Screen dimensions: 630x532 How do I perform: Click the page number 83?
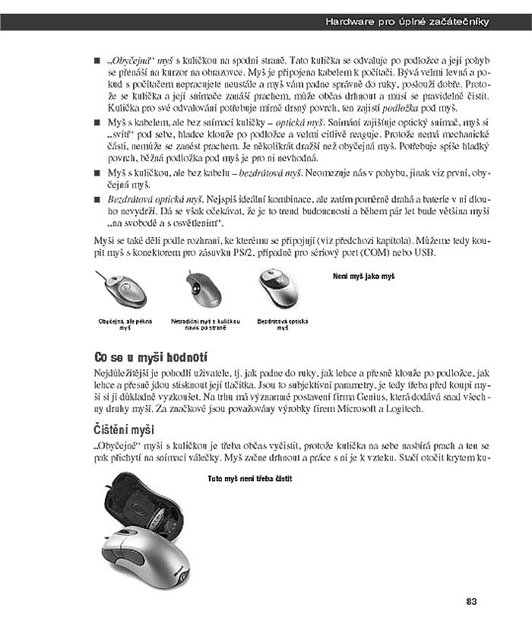coord(471,602)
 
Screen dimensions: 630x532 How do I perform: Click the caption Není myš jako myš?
coord(364,277)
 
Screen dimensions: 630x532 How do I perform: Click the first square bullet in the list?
coord(97,59)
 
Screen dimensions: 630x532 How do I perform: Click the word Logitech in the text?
coord(402,410)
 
